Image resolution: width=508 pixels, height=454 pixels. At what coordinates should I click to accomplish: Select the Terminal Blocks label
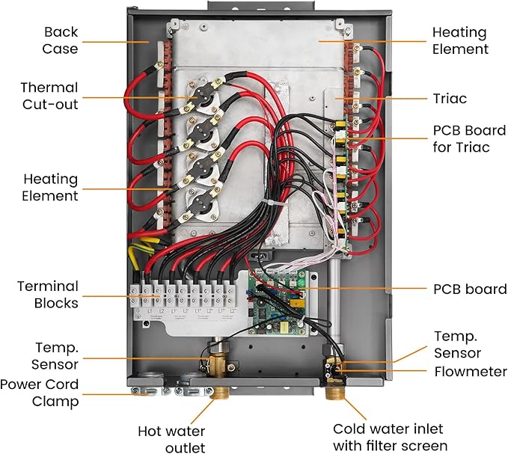point(49,294)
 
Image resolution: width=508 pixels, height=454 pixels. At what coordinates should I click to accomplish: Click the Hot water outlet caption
point(171,439)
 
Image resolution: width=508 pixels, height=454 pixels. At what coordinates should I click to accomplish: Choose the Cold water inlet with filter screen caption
point(388,438)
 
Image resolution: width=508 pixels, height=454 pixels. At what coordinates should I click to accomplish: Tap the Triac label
point(450,97)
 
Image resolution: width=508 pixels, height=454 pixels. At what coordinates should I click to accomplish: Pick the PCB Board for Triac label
point(460,138)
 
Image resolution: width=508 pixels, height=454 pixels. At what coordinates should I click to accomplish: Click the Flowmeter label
point(470,372)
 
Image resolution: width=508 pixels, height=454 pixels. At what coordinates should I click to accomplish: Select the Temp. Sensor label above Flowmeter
point(457,345)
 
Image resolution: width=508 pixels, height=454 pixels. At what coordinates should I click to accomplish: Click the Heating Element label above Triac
point(460,41)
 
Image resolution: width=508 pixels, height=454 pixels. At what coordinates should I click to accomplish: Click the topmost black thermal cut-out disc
point(200,105)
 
